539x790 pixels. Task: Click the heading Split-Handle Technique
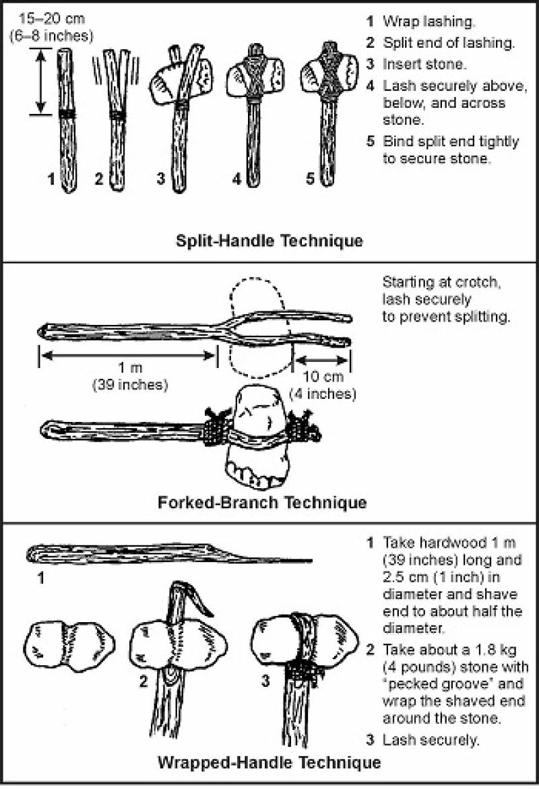coord(269,241)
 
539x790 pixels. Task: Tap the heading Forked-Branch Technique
coord(262,502)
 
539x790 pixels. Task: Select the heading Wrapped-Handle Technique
coord(269,763)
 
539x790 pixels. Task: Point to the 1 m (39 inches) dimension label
coord(129,377)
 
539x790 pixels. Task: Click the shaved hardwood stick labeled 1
coord(168,554)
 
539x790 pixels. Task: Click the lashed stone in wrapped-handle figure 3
coord(303,640)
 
